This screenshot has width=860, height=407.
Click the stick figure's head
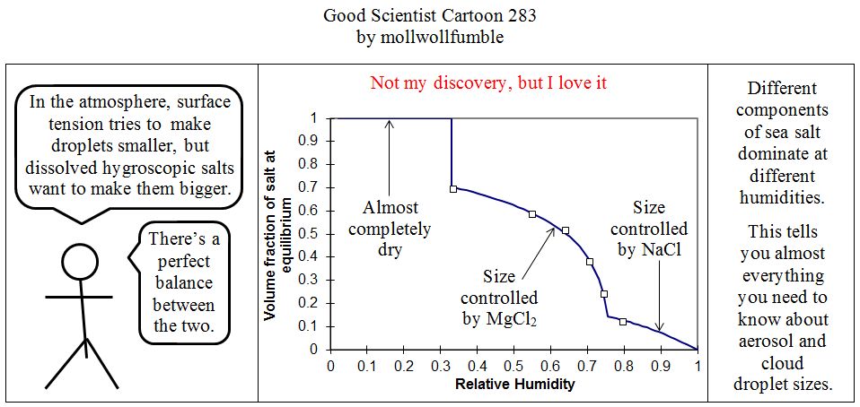point(79,262)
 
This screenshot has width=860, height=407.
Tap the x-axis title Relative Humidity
point(514,385)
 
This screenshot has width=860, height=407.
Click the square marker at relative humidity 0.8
point(623,321)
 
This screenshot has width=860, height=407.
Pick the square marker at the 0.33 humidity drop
point(453,188)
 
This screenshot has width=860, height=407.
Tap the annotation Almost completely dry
point(390,229)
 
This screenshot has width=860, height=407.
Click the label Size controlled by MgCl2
point(499,297)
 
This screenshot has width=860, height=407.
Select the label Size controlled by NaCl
point(650,229)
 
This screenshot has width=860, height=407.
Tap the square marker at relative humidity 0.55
point(532,214)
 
